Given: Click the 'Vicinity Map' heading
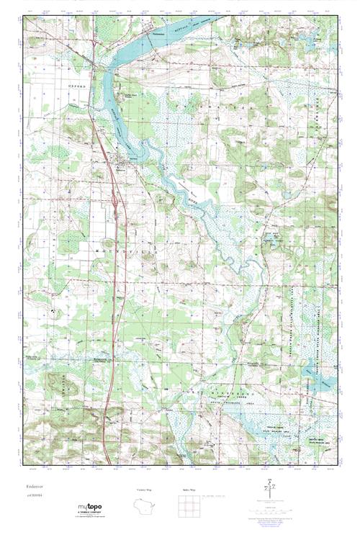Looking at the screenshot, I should pyautogui.click(x=144, y=490).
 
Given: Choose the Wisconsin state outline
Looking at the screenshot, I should pyautogui.click(x=145, y=506).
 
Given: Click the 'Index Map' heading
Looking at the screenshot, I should pyautogui.click(x=189, y=490).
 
